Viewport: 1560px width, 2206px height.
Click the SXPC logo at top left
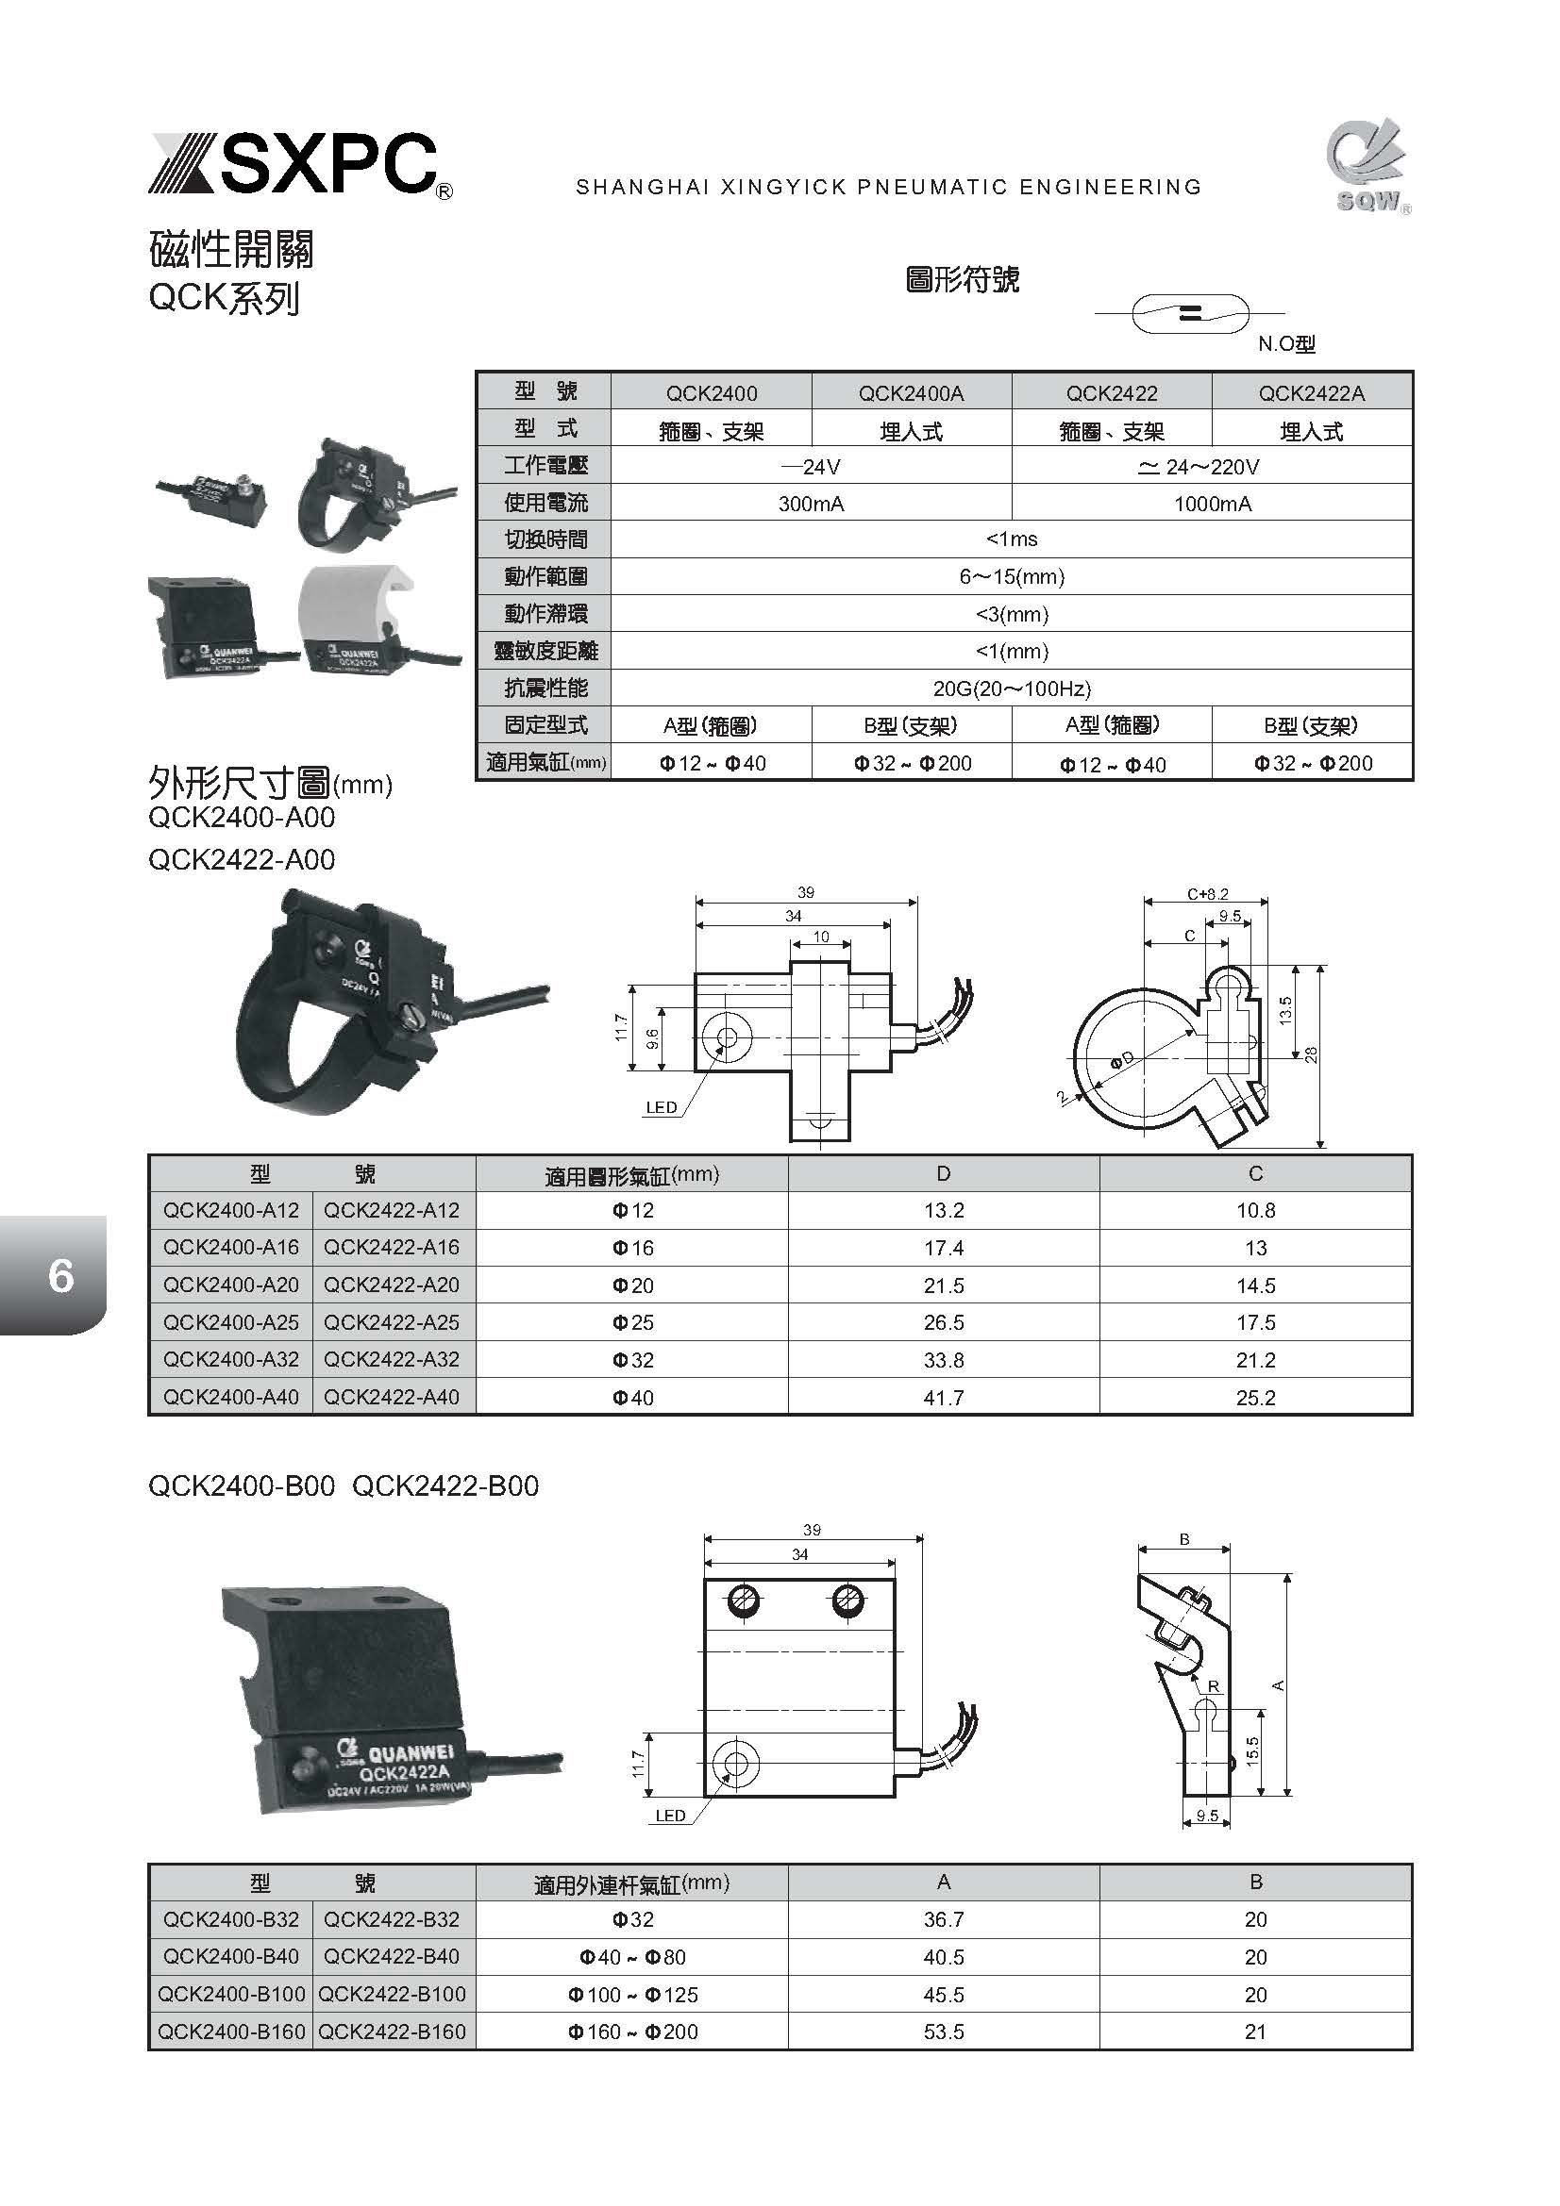pyautogui.click(x=300, y=165)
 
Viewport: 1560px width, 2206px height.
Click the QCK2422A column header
pyautogui.click(x=1311, y=393)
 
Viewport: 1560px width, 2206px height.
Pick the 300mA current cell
pyautogui.click(x=811, y=504)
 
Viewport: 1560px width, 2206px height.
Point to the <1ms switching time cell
pyautogui.click(x=1011, y=540)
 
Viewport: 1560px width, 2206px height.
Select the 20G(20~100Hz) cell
pyautogui.click(x=1011, y=688)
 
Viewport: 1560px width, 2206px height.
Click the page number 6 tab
pyautogui.click(x=59, y=1274)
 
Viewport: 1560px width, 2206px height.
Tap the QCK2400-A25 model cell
pyautogui.click(x=230, y=1322)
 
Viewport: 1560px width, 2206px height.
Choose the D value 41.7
pyautogui.click(x=943, y=1397)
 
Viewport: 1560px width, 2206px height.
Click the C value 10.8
pyautogui.click(x=1255, y=1211)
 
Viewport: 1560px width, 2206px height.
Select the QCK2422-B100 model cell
pyautogui.click(x=392, y=1994)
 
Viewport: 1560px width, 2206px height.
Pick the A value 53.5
pyautogui.click(x=943, y=2032)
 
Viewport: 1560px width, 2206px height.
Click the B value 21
pyautogui.click(x=1255, y=2032)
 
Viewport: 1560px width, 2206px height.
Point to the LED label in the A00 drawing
pyautogui.click(x=662, y=1107)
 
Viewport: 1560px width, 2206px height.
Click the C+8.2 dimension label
pyautogui.click(x=1207, y=893)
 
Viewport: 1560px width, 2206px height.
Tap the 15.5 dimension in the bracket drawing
pyautogui.click(x=1251, y=1751)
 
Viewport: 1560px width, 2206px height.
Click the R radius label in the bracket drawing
pyautogui.click(x=1213, y=1686)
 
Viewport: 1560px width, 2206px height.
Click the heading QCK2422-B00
pyautogui.click(x=445, y=1486)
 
